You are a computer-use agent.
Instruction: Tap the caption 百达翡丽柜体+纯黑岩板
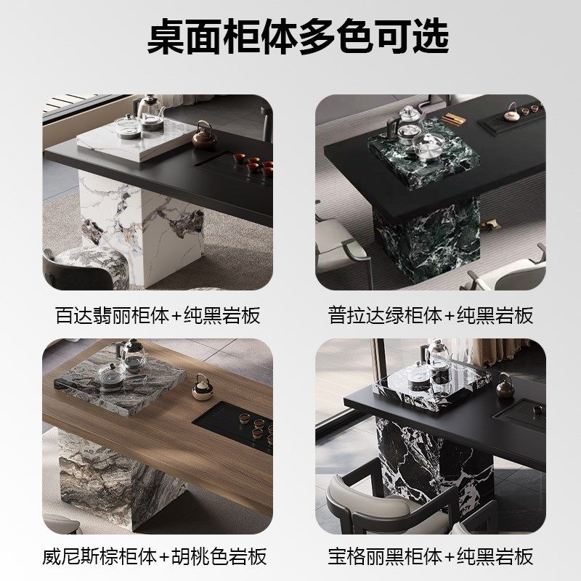coord(158,315)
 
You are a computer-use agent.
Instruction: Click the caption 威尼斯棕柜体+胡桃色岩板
coord(154,556)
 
